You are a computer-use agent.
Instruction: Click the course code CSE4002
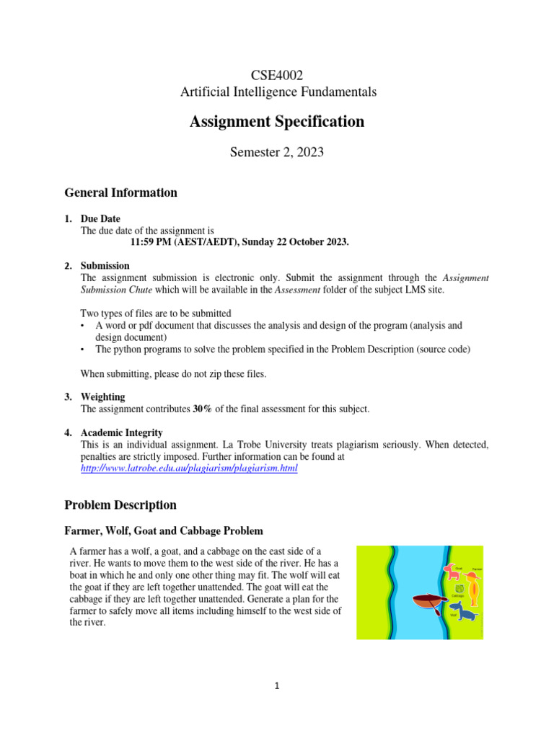(x=277, y=75)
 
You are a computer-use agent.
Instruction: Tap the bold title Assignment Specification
(x=277, y=122)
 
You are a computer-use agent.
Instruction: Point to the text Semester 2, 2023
(x=277, y=153)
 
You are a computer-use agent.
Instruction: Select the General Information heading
(x=120, y=192)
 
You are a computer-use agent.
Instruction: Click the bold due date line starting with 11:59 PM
(x=239, y=242)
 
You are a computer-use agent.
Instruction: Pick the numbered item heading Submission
(x=105, y=266)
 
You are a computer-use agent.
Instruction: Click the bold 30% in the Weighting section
(x=202, y=409)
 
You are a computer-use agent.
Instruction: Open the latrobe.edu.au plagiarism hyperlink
(x=188, y=468)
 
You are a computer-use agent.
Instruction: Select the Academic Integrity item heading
(x=123, y=432)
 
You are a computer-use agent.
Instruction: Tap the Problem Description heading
(x=120, y=504)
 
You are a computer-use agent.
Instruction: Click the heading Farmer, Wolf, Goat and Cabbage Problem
(x=163, y=531)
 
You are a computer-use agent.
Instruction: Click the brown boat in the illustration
(x=427, y=601)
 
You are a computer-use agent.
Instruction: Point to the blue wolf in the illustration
(x=462, y=614)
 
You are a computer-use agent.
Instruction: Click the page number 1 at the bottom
(x=277, y=686)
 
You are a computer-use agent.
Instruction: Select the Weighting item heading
(x=103, y=396)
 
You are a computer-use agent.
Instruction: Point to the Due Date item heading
(x=100, y=218)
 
